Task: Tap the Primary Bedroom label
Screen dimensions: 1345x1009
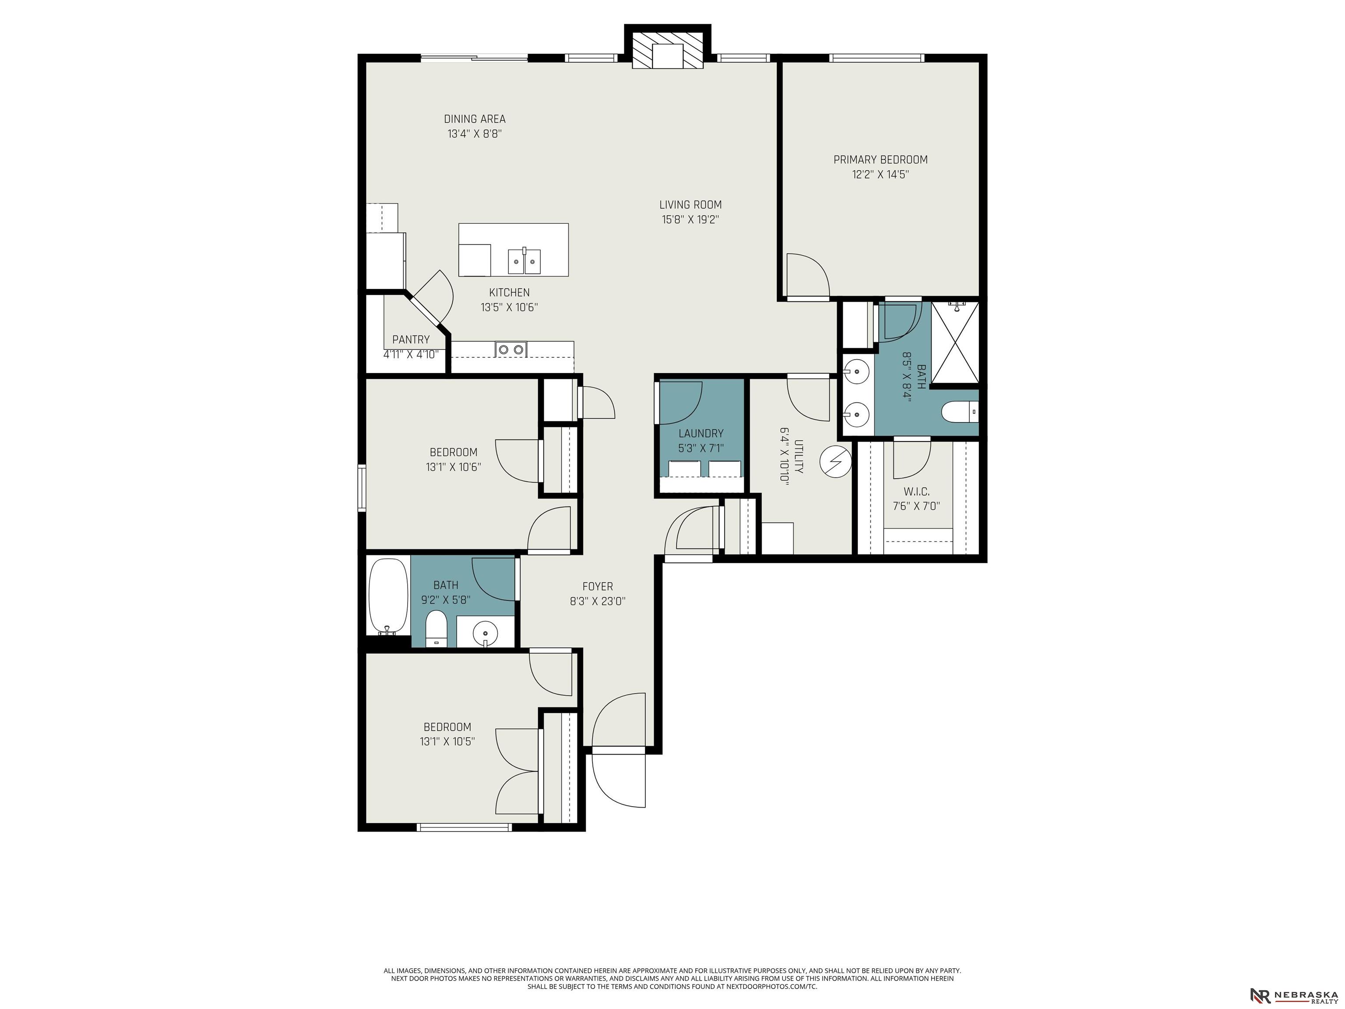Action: pyautogui.click(x=880, y=160)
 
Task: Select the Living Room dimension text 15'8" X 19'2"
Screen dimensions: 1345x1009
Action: pyautogui.click(x=691, y=219)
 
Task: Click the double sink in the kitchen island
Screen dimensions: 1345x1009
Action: pyautogui.click(x=524, y=261)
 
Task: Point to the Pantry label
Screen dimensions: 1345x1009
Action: pyautogui.click(x=411, y=339)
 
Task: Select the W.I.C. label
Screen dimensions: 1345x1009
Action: pyautogui.click(x=916, y=491)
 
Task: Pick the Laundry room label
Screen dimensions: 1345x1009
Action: pyautogui.click(x=701, y=434)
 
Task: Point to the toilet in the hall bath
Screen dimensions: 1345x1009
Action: pyautogui.click(x=436, y=629)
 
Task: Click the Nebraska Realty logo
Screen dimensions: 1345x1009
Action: pyautogui.click(x=1293, y=995)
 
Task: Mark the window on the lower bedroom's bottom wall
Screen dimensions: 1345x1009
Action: pyautogui.click(x=464, y=827)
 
